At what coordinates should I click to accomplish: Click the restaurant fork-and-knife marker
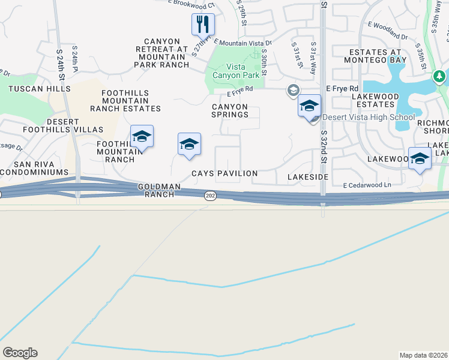pos(203,25)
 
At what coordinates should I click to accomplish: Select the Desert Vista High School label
pos(369,117)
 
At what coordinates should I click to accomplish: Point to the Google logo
pos(20,353)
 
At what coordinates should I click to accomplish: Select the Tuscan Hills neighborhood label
pos(40,89)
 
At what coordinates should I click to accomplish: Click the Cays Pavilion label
pos(224,173)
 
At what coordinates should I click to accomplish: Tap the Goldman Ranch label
pos(159,191)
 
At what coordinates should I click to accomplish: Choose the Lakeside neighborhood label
pos(308,178)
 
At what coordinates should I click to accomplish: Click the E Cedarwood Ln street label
pos(367,185)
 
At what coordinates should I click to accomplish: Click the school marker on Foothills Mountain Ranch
pos(142,137)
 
